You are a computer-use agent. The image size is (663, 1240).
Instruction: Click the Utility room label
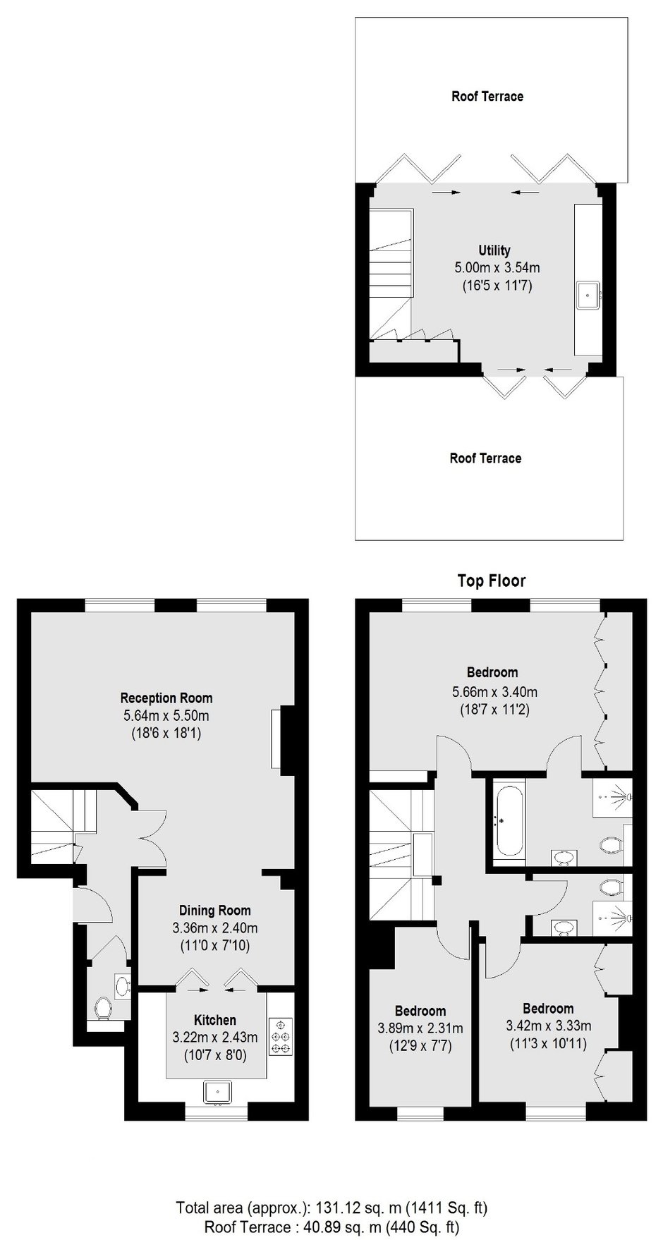click(494, 250)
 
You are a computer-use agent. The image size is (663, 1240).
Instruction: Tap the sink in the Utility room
click(588, 295)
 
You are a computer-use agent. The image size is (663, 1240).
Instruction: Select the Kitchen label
click(215, 1020)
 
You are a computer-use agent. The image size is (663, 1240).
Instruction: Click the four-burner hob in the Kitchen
click(280, 1037)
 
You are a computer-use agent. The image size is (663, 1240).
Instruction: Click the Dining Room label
click(215, 911)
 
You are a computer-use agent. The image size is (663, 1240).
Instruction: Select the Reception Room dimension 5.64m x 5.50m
click(166, 716)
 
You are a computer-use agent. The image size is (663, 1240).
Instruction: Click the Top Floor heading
click(492, 581)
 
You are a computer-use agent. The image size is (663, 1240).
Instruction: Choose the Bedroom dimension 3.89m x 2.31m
click(420, 1028)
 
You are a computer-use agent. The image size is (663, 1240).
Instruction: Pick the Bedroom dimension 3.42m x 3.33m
click(548, 1026)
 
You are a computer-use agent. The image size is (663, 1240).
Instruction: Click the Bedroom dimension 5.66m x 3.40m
click(494, 692)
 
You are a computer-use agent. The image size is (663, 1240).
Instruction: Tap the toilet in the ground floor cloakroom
click(104, 1009)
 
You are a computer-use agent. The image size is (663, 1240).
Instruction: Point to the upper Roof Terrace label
click(487, 96)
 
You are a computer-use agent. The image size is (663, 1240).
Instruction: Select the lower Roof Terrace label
click(485, 458)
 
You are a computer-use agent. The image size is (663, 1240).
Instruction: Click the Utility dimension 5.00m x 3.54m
click(497, 268)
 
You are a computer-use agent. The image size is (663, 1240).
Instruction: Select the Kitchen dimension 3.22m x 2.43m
click(215, 1038)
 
